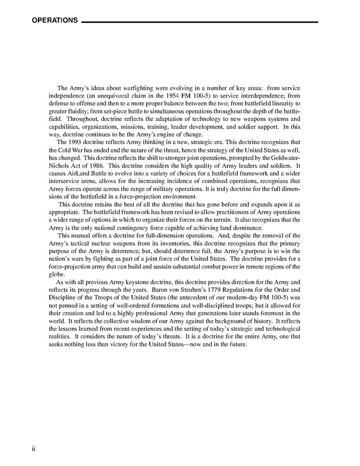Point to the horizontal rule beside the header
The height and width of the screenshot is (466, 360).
click(x=200, y=22)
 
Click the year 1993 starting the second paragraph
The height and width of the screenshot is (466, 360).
click(x=77, y=142)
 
